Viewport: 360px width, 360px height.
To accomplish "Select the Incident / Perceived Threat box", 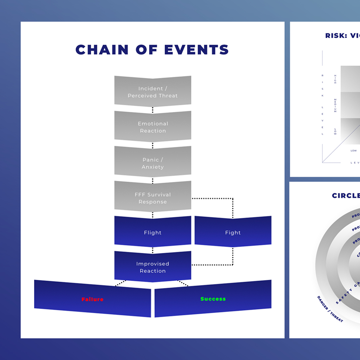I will coord(152,92).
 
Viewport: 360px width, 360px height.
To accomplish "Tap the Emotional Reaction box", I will coord(152,127).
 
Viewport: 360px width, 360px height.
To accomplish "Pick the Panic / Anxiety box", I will coord(152,163).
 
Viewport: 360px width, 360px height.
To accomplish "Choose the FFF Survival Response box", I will coord(152,198).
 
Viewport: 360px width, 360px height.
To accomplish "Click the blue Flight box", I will coord(152,233).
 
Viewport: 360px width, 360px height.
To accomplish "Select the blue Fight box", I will coord(233,233).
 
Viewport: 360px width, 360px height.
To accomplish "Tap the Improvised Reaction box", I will coord(152,267).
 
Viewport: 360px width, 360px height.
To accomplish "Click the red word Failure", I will coord(92,299).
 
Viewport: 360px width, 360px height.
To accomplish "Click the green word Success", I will coord(213,299).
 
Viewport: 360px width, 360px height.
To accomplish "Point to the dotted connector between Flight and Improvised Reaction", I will coord(152,249).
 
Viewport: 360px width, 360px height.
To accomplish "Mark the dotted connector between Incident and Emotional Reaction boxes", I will coord(152,109).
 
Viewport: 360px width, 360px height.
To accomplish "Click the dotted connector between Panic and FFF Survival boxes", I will coord(152,180).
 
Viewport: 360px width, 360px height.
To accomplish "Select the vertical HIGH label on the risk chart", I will coord(335,79).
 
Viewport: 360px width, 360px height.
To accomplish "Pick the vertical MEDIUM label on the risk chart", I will coord(335,106).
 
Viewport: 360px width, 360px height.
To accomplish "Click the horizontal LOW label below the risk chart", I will coord(353,151).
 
